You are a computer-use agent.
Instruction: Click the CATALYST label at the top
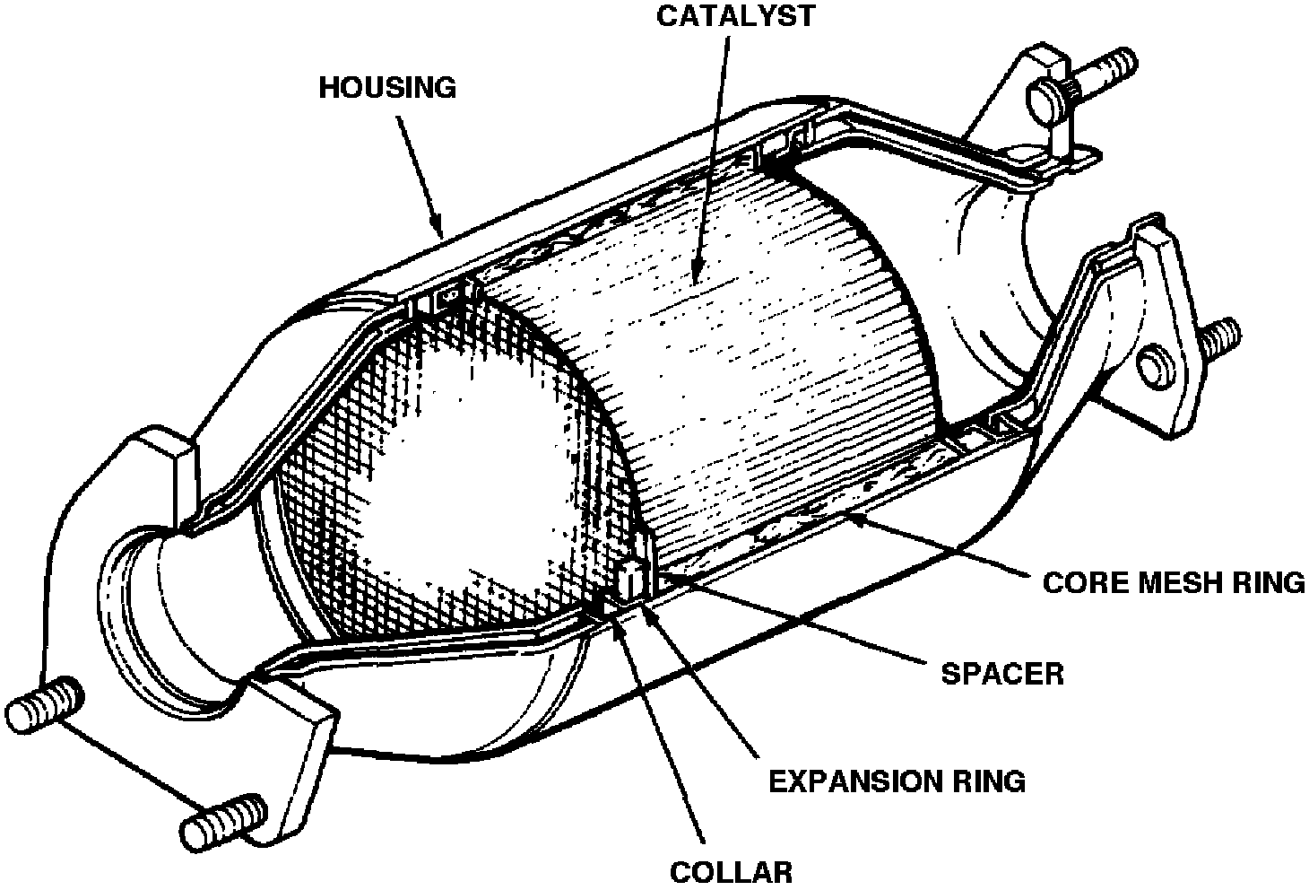point(736,16)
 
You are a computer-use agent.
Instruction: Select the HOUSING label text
point(387,88)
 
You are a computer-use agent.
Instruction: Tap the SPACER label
point(1002,673)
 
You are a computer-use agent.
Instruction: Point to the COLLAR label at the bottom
point(732,871)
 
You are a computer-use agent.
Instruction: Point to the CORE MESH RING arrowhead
point(857,517)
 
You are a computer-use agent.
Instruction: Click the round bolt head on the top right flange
point(1048,98)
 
